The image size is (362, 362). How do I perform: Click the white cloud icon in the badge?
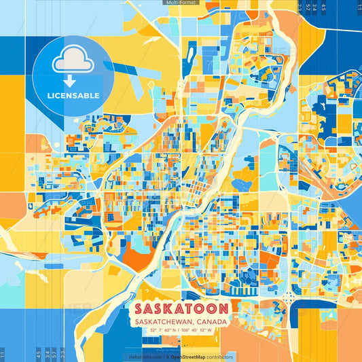pyautogui.click(x=72, y=60)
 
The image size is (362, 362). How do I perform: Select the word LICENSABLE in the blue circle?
pyautogui.click(x=73, y=96)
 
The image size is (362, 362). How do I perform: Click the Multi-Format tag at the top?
pyautogui.click(x=181, y=3)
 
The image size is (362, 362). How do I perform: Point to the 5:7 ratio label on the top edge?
pyautogui.click(x=311, y=7)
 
